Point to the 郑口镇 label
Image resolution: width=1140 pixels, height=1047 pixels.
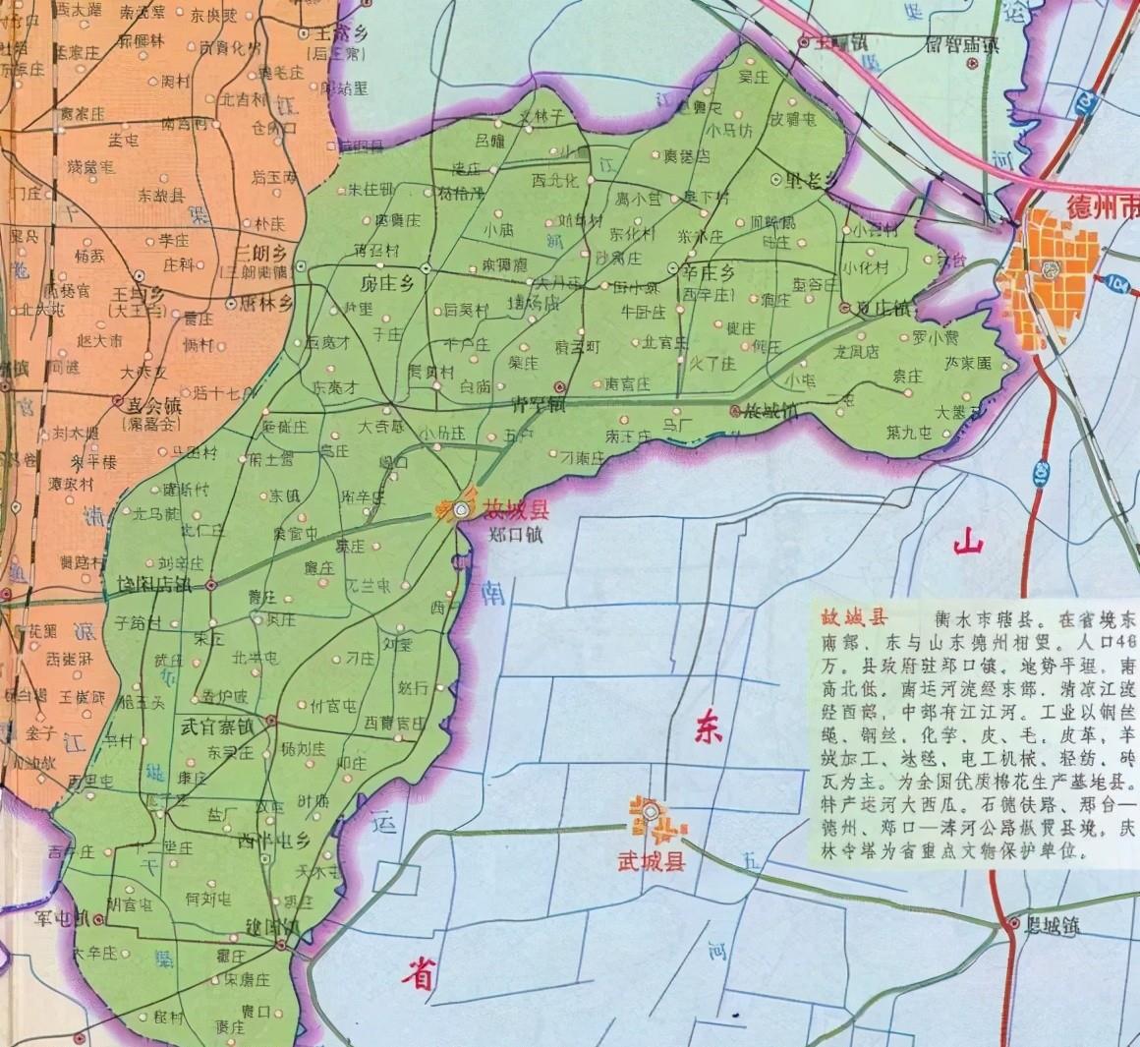click(x=515, y=536)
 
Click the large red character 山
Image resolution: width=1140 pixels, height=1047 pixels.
click(x=968, y=542)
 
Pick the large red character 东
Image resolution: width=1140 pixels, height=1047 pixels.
click(x=710, y=727)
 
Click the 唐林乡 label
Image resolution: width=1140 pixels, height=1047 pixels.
click(x=264, y=304)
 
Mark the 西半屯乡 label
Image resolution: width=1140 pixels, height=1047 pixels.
click(x=274, y=841)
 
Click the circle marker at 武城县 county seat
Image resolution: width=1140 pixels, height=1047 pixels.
click(x=651, y=811)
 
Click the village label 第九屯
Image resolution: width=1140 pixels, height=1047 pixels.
click(x=908, y=431)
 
